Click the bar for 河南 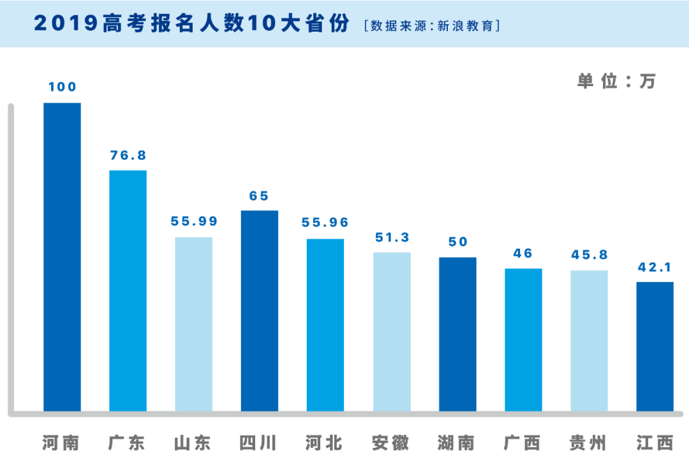click(x=62, y=256)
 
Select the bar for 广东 click(x=128, y=290)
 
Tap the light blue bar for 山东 click(x=194, y=324)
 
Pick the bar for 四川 click(x=260, y=311)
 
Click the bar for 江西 click(x=655, y=346)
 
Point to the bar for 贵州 click(x=589, y=341)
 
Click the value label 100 click(x=62, y=87)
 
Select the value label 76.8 click(x=128, y=155)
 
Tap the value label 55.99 click(x=194, y=221)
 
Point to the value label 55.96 click(x=325, y=223)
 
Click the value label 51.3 click(x=392, y=237)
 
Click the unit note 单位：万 click(x=616, y=81)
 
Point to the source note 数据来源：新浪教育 click(x=431, y=26)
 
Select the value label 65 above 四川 click(x=260, y=196)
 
